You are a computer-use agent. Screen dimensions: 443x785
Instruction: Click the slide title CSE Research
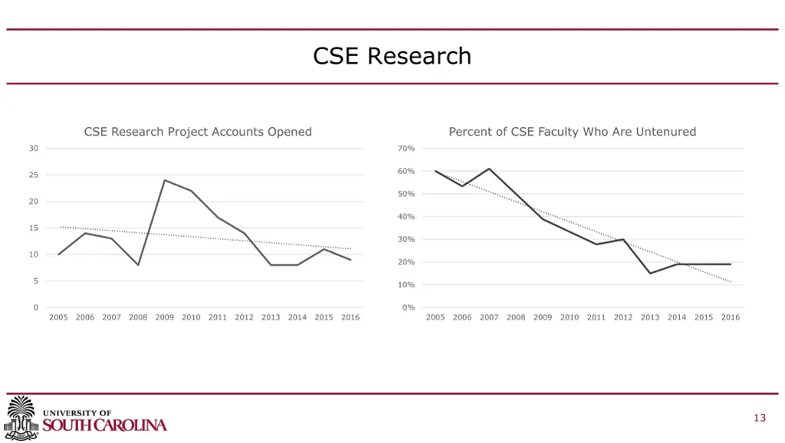click(392, 56)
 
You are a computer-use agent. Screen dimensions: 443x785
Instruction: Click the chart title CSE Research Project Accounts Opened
click(198, 132)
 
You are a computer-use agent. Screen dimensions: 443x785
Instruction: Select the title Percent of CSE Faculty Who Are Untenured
click(572, 132)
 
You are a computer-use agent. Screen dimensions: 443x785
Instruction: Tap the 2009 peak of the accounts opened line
click(164, 180)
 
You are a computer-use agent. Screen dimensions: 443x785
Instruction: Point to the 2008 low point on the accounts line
click(138, 265)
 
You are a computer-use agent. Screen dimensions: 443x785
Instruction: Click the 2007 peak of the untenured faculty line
click(489, 169)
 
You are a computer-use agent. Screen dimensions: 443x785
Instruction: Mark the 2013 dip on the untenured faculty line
click(650, 273)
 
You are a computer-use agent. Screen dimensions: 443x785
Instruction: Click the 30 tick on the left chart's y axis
click(34, 149)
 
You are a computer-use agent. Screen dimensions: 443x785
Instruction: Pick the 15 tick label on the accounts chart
click(34, 228)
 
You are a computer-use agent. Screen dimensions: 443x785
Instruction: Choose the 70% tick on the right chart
click(407, 149)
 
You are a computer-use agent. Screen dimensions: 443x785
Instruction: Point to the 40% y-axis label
click(407, 217)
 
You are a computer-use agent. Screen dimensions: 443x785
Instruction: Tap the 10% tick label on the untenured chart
click(407, 285)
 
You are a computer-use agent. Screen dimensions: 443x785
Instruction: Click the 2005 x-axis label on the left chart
click(58, 317)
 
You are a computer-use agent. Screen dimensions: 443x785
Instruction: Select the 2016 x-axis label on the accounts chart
click(350, 317)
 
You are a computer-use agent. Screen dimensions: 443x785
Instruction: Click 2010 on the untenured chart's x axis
click(570, 317)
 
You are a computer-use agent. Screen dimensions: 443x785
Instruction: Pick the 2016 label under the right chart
click(731, 317)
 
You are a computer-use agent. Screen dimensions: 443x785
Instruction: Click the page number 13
click(760, 418)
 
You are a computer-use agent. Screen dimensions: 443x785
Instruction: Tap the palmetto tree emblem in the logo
click(21, 418)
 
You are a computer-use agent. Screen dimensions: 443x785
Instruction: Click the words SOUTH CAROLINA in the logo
click(104, 425)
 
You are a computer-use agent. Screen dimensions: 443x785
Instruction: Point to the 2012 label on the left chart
click(244, 317)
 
